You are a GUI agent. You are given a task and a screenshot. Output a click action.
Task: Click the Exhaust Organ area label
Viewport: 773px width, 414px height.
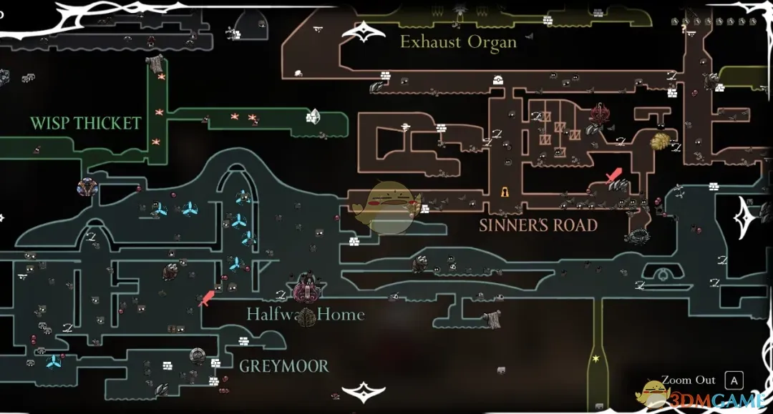pyautogui.click(x=458, y=41)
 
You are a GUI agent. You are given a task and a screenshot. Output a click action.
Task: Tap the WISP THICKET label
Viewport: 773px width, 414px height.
pyautogui.click(x=85, y=123)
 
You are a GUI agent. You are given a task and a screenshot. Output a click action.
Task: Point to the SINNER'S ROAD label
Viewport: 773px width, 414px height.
pyautogui.click(x=538, y=225)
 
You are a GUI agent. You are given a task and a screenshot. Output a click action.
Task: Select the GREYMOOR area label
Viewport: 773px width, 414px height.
pyautogui.click(x=283, y=366)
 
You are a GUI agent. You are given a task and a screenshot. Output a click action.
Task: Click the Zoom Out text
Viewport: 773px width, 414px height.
pyautogui.click(x=688, y=380)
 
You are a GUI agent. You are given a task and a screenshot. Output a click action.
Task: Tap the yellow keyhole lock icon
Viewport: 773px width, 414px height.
pyautogui.click(x=505, y=192)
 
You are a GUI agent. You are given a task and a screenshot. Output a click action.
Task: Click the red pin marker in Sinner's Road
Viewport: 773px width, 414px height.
pyautogui.click(x=613, y=175)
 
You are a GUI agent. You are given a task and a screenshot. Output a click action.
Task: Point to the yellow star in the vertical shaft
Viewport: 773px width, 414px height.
pyautogui.click(x=595, y=358)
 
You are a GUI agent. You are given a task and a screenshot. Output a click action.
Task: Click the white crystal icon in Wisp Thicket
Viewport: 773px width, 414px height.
pyautogui.click(x=313, y=117)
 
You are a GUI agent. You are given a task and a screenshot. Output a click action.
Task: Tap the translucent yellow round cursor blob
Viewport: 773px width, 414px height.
pyautogui.click(x=390, y=207)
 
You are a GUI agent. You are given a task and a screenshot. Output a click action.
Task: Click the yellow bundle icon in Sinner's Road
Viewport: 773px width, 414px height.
pyautogui.click(x=660, y=140)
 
